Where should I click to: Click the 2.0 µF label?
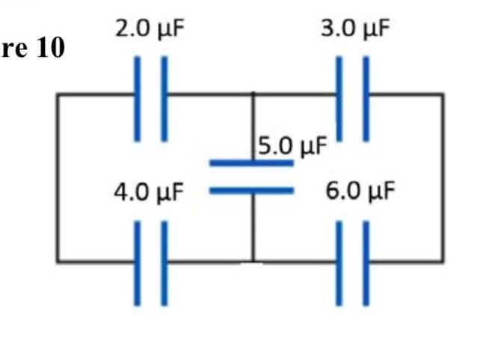point(150,30)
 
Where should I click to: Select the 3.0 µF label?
point(354,30)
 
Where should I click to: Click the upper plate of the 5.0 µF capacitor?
point(251,162)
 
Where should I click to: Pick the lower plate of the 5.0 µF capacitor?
point(251,190)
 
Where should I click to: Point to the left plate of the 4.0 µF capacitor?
point(138,263)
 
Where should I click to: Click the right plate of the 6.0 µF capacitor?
point(366,263)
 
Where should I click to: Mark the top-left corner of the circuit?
point(58,94)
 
